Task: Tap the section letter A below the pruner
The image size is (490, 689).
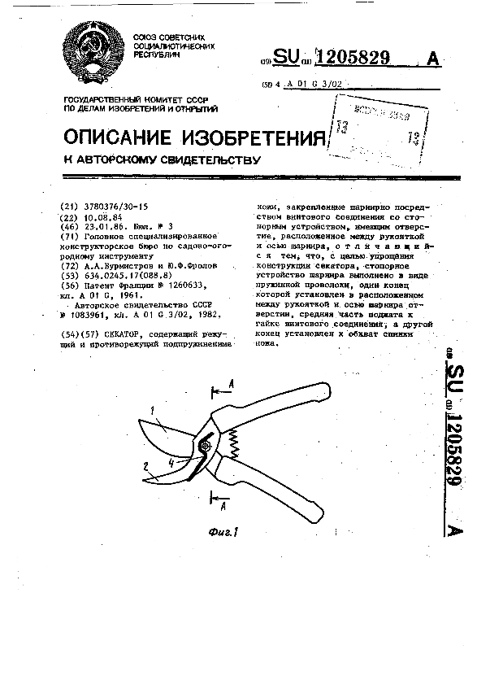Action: (x=223, y=506)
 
